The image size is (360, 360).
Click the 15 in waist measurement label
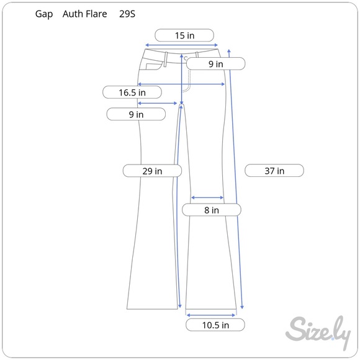(184, 35)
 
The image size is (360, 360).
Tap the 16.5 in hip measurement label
(132, 92)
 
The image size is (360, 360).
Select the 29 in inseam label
(152, 171)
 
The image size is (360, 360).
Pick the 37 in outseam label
(274, 171)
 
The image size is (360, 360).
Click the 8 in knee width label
(212, 210)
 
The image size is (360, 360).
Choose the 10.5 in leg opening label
(215, 325)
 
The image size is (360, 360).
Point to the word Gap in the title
(44, 14)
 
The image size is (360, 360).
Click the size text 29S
(127, 14)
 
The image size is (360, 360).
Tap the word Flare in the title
(96, 14)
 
